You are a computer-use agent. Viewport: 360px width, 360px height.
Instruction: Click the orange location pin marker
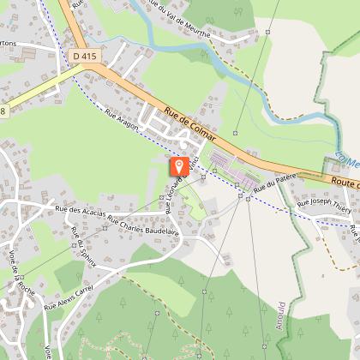pos(178,166)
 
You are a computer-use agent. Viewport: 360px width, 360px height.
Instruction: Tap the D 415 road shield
pos(81,55)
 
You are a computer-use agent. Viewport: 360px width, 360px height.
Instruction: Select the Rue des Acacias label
pos(79,210)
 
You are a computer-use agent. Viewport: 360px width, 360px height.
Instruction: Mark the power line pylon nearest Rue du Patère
pos(247,198)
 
